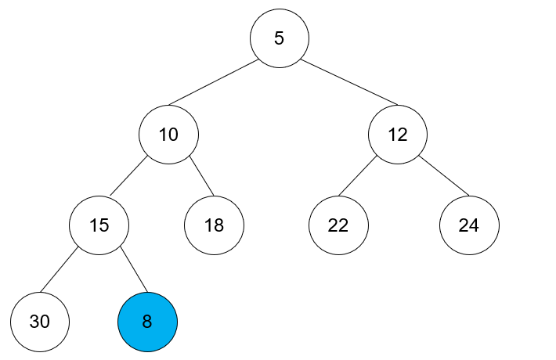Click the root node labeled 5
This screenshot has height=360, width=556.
280,38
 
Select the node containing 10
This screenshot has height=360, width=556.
168,134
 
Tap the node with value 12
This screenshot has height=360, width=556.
398,134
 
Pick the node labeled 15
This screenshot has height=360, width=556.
99,225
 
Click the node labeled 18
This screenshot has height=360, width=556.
214,225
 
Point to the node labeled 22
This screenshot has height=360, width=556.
338,225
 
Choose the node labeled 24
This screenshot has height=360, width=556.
469,225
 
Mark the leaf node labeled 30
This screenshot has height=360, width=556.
40,322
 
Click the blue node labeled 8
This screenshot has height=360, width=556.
147,322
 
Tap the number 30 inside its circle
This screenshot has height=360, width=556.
40,322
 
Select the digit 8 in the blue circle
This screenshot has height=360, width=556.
147,322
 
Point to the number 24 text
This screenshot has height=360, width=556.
469,225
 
